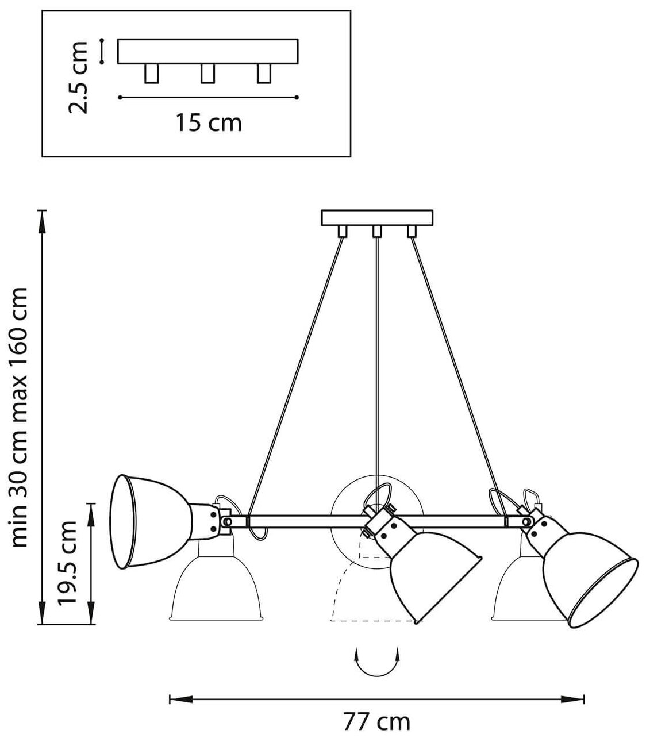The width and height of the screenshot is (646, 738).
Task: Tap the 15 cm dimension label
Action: pyautogui.click(x=208, y=122)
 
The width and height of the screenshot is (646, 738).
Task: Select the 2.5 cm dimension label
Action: pyautogui.click(x=78, y=76)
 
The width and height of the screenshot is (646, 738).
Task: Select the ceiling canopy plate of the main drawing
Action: pyautogui.click(x=376, y=218)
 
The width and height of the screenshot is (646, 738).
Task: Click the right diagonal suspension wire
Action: pyautogui.click(x=454, y=374)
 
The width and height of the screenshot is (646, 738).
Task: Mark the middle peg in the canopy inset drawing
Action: pyautogui.click(x=207, y=74)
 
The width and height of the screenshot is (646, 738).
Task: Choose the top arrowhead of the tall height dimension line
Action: pyautogui.click(x=42, y=217)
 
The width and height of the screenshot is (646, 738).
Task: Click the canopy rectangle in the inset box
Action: pyautogui.click(x=207, y=51)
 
